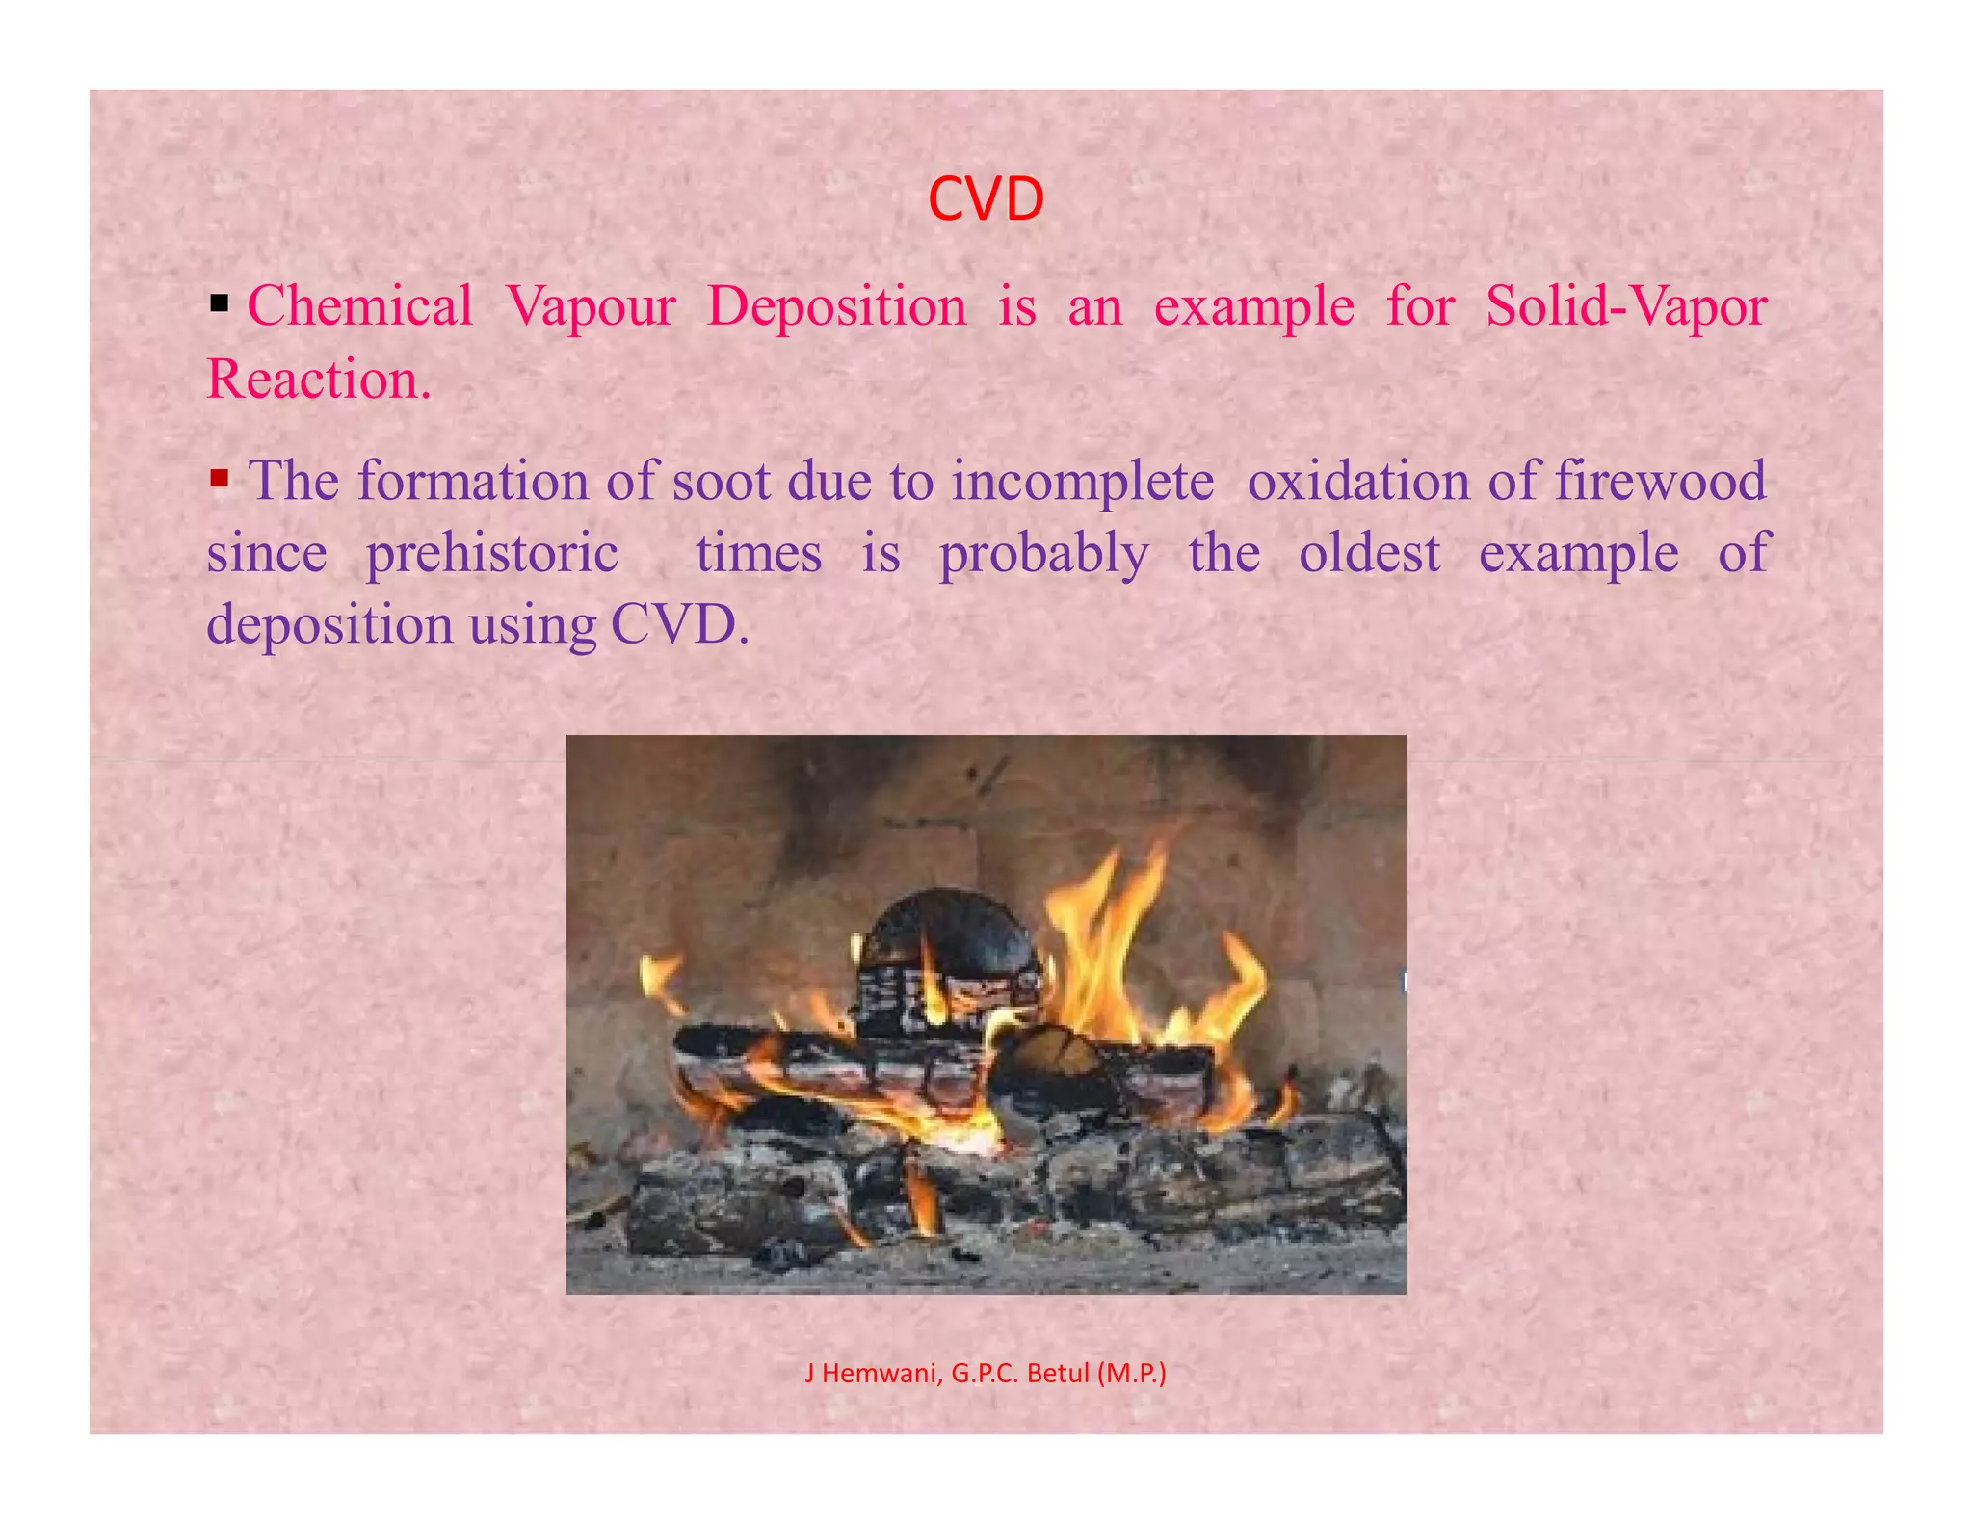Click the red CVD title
[986, 199]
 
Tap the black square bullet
[220, 305]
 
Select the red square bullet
[220, 478]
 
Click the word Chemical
[359, 306]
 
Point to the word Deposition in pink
[836, 306]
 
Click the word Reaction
[318, 379]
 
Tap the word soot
[721, 481]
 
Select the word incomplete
[1083, 483]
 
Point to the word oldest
[1369, 553]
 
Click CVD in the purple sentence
[678, 625]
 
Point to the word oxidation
[1358, 481]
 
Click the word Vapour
[591, 306]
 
